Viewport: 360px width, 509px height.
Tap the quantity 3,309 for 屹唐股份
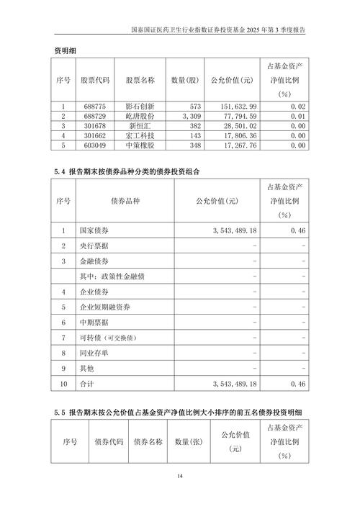pyautogui.click(x=186, y=115)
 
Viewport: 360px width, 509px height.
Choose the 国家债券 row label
pyautogui.click(x=94, y=230)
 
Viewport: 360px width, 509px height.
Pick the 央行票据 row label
pyautogui.click(x=94, y=246)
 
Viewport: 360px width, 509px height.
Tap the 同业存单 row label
pyautogui.click(x=94, y=353)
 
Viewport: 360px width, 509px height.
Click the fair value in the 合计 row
pyautogui.click(x=235, y=384)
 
